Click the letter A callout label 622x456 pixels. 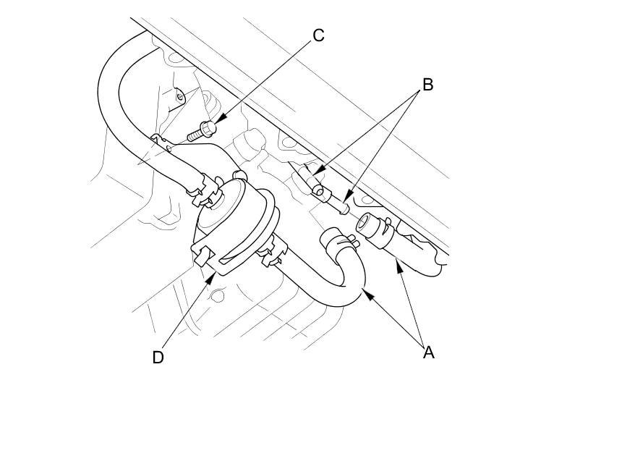point(428,352)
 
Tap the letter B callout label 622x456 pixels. point(427,85)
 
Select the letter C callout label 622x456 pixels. point(318,35)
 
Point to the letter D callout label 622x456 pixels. point(158,357)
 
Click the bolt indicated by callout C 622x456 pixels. point(200,132)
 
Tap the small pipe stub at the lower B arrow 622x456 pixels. point(341,208)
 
